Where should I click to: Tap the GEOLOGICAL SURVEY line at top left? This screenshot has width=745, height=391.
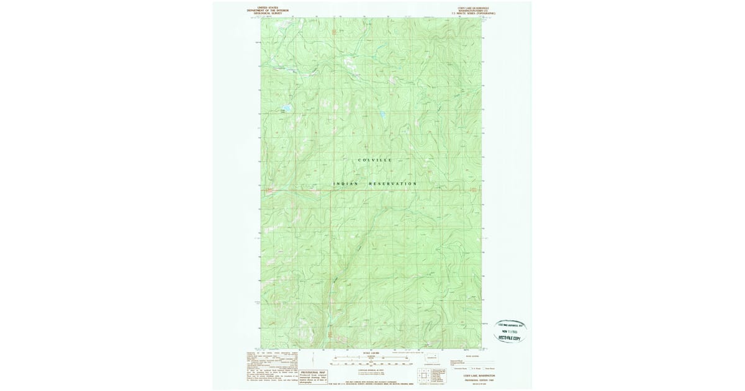268,12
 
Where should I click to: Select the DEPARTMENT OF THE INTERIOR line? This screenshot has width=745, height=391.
268,10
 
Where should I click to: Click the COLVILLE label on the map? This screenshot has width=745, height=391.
375,160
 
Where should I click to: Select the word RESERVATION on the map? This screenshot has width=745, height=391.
394,184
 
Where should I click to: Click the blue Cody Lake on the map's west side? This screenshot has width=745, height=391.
287,107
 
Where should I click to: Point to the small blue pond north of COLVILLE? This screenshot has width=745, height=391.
383,115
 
